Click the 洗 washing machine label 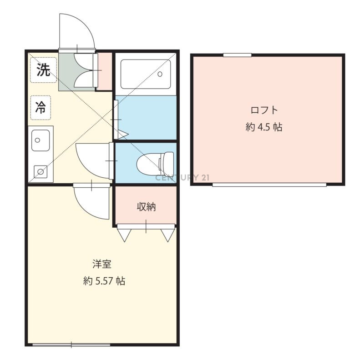pos(43,70)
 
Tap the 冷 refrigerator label pos(40,107)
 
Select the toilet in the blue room pos(155,162)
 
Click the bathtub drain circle pos(160,74)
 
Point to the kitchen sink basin pos(40,140)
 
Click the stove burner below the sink pos(40,172)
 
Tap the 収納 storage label pos(146,207)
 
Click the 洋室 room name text pos(101,264)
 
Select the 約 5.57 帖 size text pos(104,281)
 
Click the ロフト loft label pos(264,110)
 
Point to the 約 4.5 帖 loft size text pos(264,127)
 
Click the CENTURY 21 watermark pos(182,178)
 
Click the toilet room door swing pos(84,165)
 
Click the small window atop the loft pos(237,55)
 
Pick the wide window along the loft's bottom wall pos(269,185)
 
